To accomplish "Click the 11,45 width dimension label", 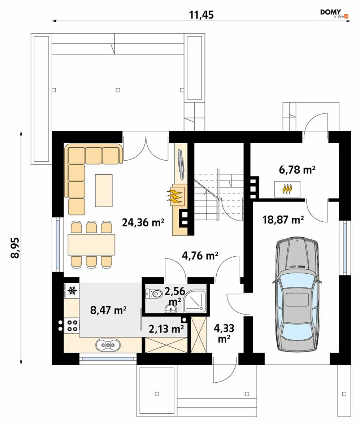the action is pos(201,15).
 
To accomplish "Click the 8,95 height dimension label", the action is pos(15,247).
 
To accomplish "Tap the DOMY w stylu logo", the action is pos(334,14).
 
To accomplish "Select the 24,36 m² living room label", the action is pos(143,222).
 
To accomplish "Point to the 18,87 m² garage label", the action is pos(283,219).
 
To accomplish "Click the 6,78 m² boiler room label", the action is pos(297,170).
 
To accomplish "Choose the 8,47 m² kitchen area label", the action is pos(108,310).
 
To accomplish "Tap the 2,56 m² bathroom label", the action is pos(175,297).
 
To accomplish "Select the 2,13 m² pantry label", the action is pos(166,329).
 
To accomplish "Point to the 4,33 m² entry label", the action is pos(224,333).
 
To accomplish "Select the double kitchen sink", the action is pos(108,345).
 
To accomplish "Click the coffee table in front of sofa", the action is pos(103,191).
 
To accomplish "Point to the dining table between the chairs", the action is pos(92,244).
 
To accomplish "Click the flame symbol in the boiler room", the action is pos(287,189).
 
